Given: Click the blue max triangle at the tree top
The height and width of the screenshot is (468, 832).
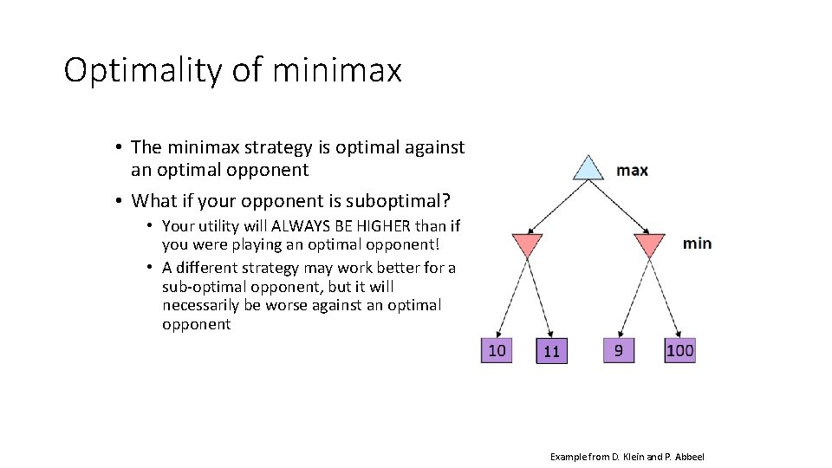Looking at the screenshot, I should pos(588,169).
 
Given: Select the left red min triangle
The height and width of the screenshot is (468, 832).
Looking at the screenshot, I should pos(527,244).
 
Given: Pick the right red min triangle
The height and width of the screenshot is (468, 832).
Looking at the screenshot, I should pos(649,244).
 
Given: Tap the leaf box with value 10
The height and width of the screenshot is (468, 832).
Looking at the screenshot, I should pos(497,350).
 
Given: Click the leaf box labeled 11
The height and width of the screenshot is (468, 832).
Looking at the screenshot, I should pos(552,351).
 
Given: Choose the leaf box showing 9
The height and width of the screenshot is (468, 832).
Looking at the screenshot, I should pos(618,350).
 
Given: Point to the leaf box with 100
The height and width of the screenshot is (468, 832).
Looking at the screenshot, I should pos(680,350).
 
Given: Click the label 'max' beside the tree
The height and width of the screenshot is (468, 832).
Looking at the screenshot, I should pos(632,170).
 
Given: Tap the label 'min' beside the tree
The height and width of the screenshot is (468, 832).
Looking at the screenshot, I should pos(697,244).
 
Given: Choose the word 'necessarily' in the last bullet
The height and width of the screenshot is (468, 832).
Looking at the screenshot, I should pos(205,305).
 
